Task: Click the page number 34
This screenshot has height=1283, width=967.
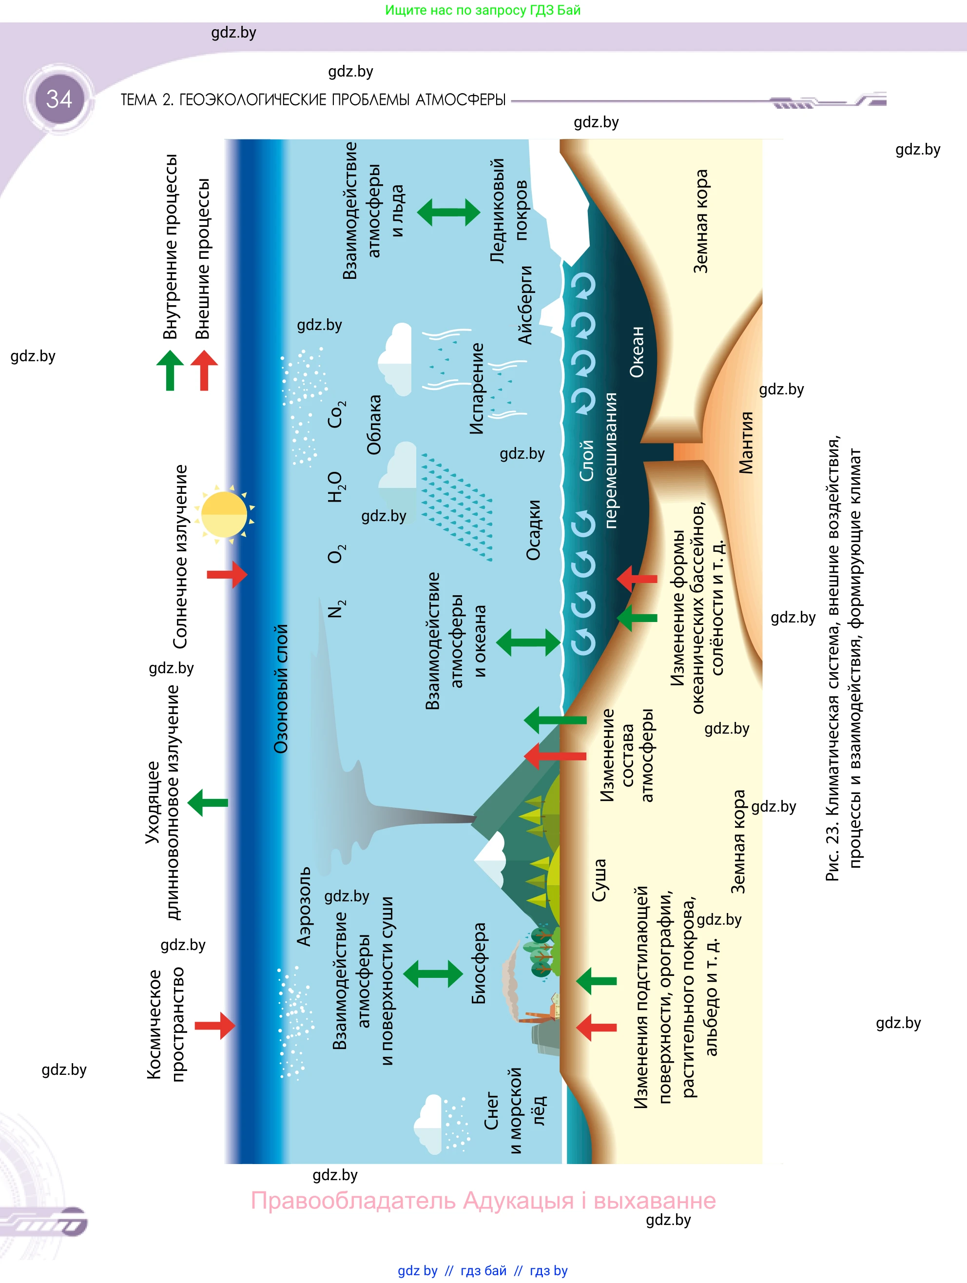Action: (59, 99)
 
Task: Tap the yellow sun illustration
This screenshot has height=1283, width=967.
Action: (224, 514)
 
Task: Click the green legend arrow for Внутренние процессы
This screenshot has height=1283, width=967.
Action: (170, 370)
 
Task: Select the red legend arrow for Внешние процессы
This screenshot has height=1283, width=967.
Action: (204, 370)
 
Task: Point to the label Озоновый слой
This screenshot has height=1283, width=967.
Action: (281, 688)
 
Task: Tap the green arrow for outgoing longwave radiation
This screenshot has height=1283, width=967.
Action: (208, 803)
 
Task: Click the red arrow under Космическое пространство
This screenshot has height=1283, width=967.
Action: (214, 1026)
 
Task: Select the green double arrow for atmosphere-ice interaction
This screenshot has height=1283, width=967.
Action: (448, 212)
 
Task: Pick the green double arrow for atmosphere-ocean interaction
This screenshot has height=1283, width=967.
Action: (528, 642)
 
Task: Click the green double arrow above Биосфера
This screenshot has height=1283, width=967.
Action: (433, 973)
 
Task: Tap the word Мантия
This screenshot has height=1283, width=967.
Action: (746, 443)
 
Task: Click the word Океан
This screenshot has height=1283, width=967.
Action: (637, 351)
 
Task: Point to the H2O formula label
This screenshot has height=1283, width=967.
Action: (336, 486)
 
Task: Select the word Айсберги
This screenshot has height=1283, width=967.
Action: (524, 305)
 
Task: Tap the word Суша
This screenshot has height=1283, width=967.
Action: (599, 880)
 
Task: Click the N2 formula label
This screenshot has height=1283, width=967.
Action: (336, 609)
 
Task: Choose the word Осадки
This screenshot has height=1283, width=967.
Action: (533, 530)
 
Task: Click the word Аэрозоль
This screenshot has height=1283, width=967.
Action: (304, 907)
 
